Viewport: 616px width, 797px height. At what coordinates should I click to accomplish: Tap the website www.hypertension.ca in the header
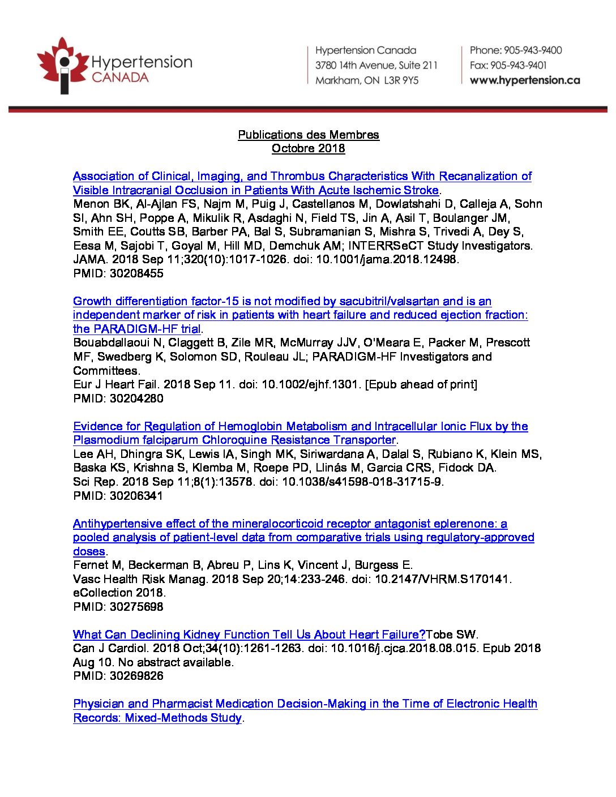click(x=525, y=80)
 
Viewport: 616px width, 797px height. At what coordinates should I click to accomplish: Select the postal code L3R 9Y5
click(x=401, y=80)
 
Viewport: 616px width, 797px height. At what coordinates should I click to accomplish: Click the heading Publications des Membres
click(x=308, y=135)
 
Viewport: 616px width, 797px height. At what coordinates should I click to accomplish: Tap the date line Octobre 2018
click(x=308, y=148)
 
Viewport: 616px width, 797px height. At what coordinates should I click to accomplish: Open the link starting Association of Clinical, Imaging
click(x=302, y=177)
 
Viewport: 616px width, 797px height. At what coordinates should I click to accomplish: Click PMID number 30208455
click(x=136, y=273)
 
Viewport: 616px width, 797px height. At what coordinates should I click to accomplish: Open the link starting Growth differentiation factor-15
click(x=282, y=301)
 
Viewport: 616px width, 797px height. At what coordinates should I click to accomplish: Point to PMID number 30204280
click(x=136, y=398)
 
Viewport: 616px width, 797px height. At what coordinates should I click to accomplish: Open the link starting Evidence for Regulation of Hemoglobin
click(x=300, y=426)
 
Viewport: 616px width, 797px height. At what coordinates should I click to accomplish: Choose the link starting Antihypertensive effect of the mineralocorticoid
click(x=290, y=524)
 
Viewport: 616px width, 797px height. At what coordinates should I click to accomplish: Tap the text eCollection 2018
click(x=119, y=593)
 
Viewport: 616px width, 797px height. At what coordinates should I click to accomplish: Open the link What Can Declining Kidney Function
click(x=249, y=635)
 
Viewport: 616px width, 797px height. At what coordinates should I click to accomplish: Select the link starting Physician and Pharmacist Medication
click(x=305, y=704)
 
